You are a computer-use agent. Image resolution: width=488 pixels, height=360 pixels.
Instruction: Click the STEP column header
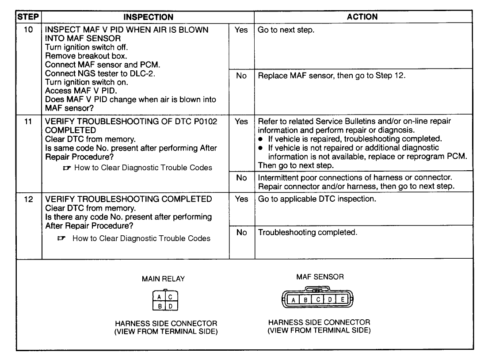(x=29, y=17)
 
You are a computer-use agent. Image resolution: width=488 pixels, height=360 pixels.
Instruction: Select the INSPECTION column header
(x=148, y=17)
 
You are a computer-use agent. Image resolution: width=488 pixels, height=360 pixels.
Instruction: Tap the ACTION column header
(x=362, y=17)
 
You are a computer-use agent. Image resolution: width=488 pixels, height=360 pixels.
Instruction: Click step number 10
(x=29, y=31)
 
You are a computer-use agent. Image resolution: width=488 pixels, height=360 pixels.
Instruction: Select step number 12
(x=29, y=199)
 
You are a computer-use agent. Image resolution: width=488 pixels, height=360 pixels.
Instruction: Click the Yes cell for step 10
(x=241, y=31)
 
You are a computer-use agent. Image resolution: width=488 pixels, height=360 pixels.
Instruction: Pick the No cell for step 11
(x=241, y=177)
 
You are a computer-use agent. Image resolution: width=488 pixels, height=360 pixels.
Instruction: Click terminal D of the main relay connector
(x=170, y=306)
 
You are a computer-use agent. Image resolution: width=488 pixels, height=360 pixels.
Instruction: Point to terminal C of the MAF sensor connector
(x=318, y=300)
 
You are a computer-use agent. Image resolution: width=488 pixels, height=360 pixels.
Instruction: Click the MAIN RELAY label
(x=163, y=279)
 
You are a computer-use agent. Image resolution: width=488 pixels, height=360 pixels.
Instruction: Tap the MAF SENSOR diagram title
(x=320, y=277)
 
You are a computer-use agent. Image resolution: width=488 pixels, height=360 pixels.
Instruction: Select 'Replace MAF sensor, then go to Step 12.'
(x=332, y=76)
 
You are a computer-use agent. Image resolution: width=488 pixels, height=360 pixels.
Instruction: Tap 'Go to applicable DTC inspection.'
(x=317, y=199)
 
